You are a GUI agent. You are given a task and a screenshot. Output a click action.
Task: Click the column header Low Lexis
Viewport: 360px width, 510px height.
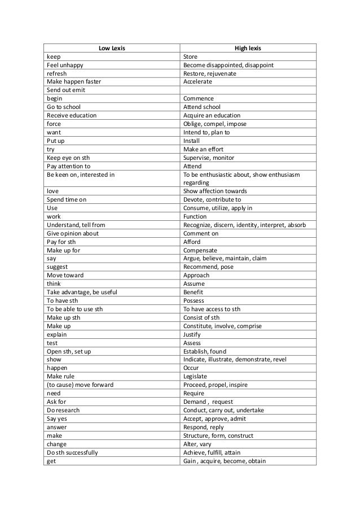[x=111, y=48]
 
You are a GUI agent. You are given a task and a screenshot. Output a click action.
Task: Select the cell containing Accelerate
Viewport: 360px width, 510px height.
[x=198, y=81]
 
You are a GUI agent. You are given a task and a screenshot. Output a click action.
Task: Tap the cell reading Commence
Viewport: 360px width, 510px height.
[x=198, y=98]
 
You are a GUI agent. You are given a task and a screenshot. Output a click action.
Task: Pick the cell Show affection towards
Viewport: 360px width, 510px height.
[x=215, y=191]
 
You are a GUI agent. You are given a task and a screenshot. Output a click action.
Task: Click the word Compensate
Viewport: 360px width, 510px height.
[x=201, y=250]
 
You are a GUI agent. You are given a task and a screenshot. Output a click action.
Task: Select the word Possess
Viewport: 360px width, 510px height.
[x=195, y=300]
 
